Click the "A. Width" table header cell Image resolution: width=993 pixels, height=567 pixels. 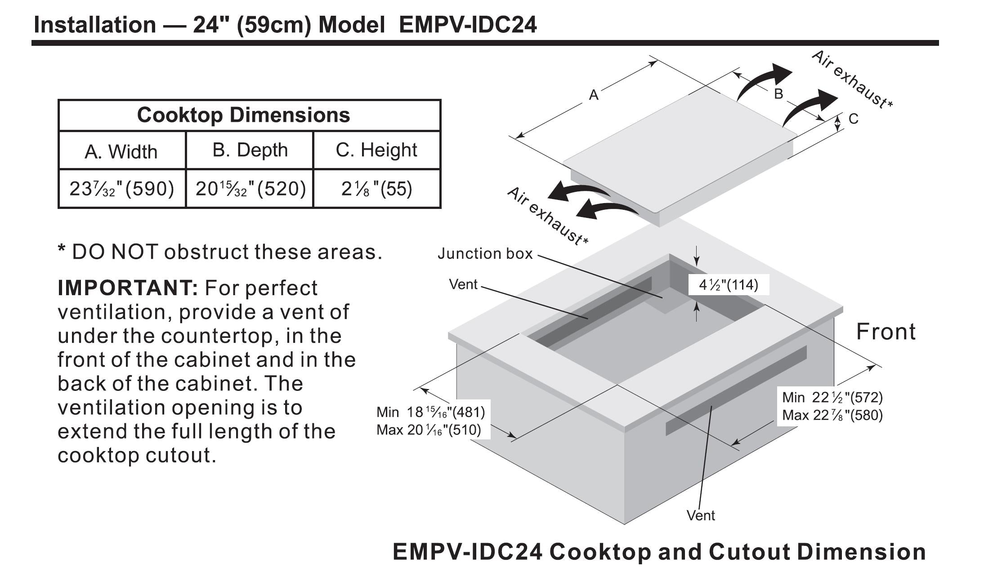point(121,151)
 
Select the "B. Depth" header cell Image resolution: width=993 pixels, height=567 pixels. point(250,150)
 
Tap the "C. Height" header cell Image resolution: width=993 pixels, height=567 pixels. point(376,150)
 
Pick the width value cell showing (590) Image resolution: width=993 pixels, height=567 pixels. point(121,189)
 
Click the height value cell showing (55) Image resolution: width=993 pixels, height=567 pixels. point(376,189)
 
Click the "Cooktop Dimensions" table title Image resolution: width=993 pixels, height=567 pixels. point(243,115)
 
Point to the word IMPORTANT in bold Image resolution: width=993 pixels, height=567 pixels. point(128,288)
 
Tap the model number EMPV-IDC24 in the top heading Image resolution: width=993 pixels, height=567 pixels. point(468,24)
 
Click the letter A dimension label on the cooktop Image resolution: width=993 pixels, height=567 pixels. point(594,95)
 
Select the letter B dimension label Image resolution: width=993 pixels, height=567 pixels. point(778,94)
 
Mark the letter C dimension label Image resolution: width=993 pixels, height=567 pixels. point(853,119)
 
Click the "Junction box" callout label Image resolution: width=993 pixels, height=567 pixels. point(485,254)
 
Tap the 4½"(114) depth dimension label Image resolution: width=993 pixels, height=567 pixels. point(728,285)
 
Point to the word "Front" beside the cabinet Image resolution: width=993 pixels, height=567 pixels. point(886,332)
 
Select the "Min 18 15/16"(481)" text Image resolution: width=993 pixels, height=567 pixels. point(430,412)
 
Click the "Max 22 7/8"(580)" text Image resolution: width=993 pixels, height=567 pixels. point(832,415)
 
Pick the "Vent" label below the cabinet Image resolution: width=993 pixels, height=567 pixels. point(700,515)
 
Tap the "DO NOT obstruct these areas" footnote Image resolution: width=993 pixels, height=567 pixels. point(220,252)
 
